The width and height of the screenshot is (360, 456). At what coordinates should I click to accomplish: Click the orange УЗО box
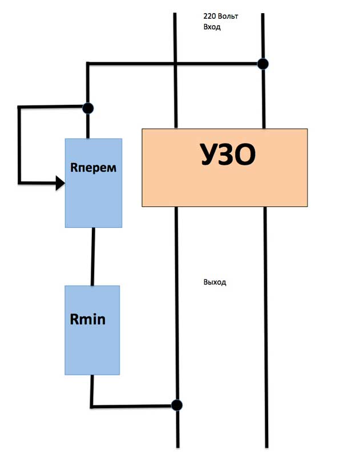click(x=225, y=168)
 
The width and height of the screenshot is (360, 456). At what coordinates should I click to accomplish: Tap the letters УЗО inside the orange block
click(x=228, y=154)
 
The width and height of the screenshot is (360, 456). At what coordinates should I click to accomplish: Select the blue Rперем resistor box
click(x=94, y=183)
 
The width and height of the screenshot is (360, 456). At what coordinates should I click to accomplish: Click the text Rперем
click(x=93, y=168)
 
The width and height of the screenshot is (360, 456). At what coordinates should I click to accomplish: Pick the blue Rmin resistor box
click(x=92, y=330)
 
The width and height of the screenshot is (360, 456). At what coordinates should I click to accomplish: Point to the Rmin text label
click(x=88, y=319)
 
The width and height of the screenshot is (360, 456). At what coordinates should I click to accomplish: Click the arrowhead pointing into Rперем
click(x=60, y=183)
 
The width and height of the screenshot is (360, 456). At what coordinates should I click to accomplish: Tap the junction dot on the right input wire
click(x=263, y=64)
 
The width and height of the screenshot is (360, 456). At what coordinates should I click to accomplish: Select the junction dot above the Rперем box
click(x=88, y=108)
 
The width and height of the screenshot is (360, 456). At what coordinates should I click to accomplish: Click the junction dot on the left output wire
click(x=177, y=405)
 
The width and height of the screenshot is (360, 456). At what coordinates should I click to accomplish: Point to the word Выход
click(x=215, y=282)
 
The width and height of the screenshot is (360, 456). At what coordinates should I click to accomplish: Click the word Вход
click(x=212, y=27)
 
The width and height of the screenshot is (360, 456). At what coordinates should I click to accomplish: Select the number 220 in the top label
click(x=209, y=16)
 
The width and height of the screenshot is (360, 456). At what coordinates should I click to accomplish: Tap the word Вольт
click(x=228, y=16)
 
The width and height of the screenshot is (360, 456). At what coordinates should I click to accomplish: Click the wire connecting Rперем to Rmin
click(x=93, y=256)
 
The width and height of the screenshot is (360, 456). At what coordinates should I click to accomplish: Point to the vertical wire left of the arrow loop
click(x=19, y=145)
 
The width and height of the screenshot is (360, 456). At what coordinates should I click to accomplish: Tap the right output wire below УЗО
click(x=266, y=327)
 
